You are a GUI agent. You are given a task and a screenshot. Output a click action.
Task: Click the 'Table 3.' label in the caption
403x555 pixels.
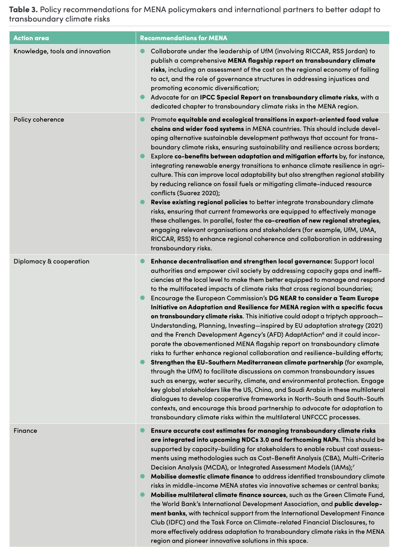pyautogui.click(x=23, y=9)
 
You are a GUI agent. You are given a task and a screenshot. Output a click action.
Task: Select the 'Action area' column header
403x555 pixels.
pyautogui.click(x=31, y=38)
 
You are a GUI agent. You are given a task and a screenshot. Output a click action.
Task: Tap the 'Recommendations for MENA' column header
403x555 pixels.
pyautogui.click(x=183, y=38)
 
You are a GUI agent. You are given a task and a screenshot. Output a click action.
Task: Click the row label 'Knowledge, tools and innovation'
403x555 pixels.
pyautogui.click(x=62, y=51)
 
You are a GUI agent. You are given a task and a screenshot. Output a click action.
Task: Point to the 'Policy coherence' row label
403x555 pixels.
pyautogui.click(x=39, y=119)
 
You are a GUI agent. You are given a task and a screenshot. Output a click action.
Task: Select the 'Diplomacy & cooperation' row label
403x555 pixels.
pyautogui.click(x=51, y=261)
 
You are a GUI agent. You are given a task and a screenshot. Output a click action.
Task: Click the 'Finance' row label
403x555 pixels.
pyautogui.click(x=25, y=431)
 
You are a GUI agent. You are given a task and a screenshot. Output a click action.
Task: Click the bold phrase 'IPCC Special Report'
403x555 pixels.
pyautogui.click(x=235, y=97)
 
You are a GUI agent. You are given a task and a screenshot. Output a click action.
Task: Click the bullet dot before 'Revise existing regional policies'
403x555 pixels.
pyautogui.click(x=143, y=202)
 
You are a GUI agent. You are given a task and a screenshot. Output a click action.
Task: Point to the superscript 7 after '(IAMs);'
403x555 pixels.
pyautogui.click(x=353, y=466)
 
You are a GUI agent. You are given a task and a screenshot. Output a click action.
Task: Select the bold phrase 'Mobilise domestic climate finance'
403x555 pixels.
pyautogui.click(x=202, y=476)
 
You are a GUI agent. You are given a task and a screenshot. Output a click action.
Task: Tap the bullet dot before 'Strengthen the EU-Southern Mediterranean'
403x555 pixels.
pyautogui.click(x=143, y=362)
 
